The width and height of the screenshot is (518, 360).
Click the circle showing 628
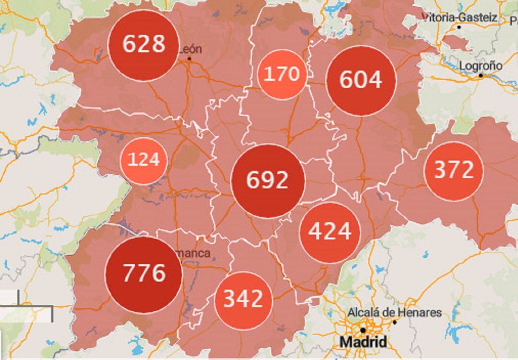(x=144, y=45)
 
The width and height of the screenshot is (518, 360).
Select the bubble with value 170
(x=282, y=74)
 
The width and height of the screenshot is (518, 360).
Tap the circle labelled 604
(x=361, y=80)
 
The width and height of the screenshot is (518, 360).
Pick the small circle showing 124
(x=143, y=160)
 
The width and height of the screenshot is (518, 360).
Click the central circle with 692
(x=268, y=180)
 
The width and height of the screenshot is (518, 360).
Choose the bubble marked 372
(x=454, y=171)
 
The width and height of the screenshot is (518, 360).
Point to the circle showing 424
(x=330, y=232)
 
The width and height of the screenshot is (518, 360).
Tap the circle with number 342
(x=244, y=300)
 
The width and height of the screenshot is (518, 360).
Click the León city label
(x=190, y=49)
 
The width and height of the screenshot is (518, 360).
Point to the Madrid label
(x=363, y=342)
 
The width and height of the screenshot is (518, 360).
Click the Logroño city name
(x=481, y=66)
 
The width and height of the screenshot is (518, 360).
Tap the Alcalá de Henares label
(x=395, y=312)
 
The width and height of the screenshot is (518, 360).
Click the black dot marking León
(x=189, y=59)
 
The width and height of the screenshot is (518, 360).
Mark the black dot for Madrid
(x=363, y=330)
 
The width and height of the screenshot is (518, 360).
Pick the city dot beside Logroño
(x=481, y=75)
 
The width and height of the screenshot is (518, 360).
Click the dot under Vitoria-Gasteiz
(x=459, y=27)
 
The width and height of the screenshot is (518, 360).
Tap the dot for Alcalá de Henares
(x=395, y=322)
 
